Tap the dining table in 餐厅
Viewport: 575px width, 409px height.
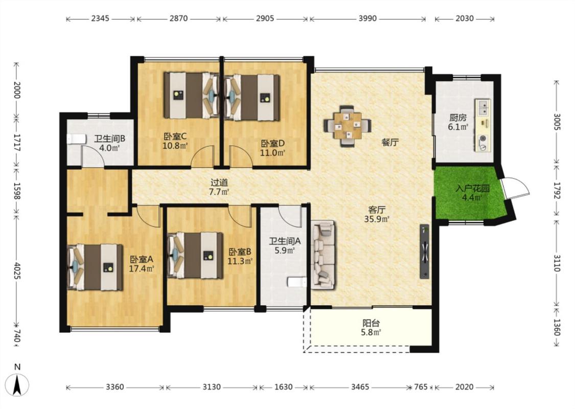(x=347, y=126)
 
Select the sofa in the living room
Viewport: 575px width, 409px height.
(x=323, y=255)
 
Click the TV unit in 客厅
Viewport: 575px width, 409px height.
(x=425, y=251)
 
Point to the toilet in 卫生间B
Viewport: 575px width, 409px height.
(x=75, y=140)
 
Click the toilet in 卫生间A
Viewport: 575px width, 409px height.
(x=297, y=282)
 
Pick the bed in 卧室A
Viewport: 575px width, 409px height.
(x=96, y=267)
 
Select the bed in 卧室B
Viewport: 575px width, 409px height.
(x=195, y=255)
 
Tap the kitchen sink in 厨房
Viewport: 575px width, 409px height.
(x=484, y=106)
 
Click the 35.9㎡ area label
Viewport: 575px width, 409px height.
(x=377, y=219)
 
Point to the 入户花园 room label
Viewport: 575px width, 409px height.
(x=472, y=189)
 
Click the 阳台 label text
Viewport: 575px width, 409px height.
(x=371, y=323)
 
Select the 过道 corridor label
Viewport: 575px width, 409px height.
(x=219, y=182)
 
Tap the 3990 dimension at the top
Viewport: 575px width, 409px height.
(x=367, y=18)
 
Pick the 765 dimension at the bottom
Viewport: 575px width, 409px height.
(x=421, y=387)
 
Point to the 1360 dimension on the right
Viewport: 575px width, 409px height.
(x=557, y=327)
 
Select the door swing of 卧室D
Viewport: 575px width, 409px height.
(x=241, y=156)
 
